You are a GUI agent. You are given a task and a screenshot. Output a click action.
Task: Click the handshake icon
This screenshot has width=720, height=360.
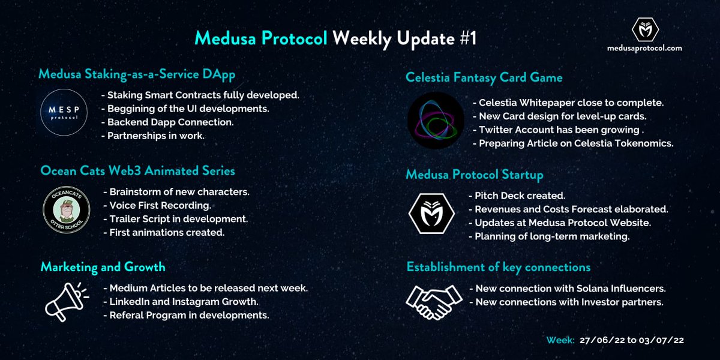(434, 301)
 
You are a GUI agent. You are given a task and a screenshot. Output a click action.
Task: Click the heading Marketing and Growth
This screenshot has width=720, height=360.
(103, 266)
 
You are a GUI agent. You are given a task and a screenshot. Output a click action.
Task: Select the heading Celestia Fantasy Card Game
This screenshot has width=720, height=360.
(484, 77)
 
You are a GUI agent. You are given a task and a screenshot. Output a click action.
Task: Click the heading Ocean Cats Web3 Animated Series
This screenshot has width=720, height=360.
(137, 170)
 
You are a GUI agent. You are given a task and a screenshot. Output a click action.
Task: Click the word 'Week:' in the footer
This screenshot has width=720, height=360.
(560, 340)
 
